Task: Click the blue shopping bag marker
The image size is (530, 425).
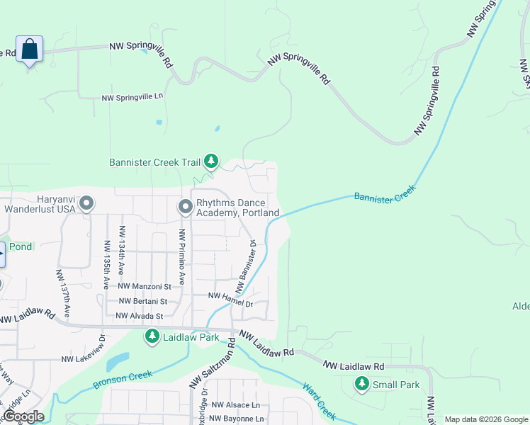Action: pos(29,49)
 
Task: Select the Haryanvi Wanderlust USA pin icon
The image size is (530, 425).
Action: pos(86,204)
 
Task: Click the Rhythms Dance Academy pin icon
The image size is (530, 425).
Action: pos(186,206)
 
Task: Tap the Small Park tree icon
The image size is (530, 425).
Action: pos(362,385)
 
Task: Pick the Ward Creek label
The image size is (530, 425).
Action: pos(318,400)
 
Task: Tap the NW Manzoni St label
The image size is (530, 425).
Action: pos(145,286)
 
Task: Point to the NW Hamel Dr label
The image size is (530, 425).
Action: pos(230,299)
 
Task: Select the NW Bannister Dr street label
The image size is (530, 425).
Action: pos(245,266)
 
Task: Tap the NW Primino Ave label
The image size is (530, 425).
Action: pos(182,256)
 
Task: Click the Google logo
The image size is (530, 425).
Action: pos(23,416)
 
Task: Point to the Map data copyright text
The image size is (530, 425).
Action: pos(485,419)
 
